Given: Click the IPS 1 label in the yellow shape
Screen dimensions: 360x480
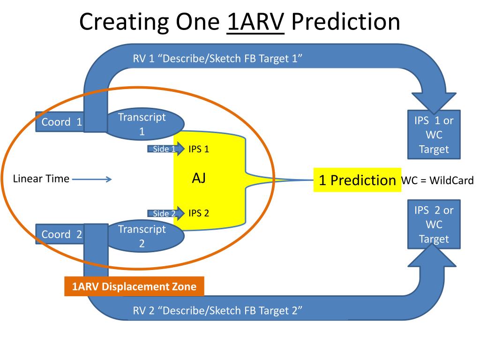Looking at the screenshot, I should [x=199, y=149].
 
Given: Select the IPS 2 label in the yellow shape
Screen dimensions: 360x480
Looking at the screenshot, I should [x=199, y=213].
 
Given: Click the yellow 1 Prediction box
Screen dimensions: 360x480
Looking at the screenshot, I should [x=357, y=180].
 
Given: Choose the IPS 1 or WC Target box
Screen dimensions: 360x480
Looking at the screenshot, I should [x=434, y=135].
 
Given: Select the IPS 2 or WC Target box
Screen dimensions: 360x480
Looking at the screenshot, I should [x=434, y=225].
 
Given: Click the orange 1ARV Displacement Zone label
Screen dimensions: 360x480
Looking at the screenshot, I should [x=134, y=286].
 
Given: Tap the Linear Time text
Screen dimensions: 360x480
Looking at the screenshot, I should [x=41, y=179].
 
